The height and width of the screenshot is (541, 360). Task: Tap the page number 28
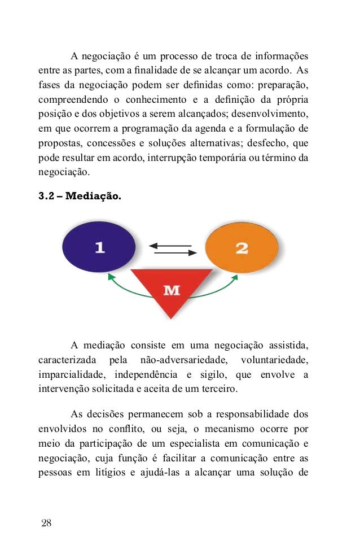point(46,522)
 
